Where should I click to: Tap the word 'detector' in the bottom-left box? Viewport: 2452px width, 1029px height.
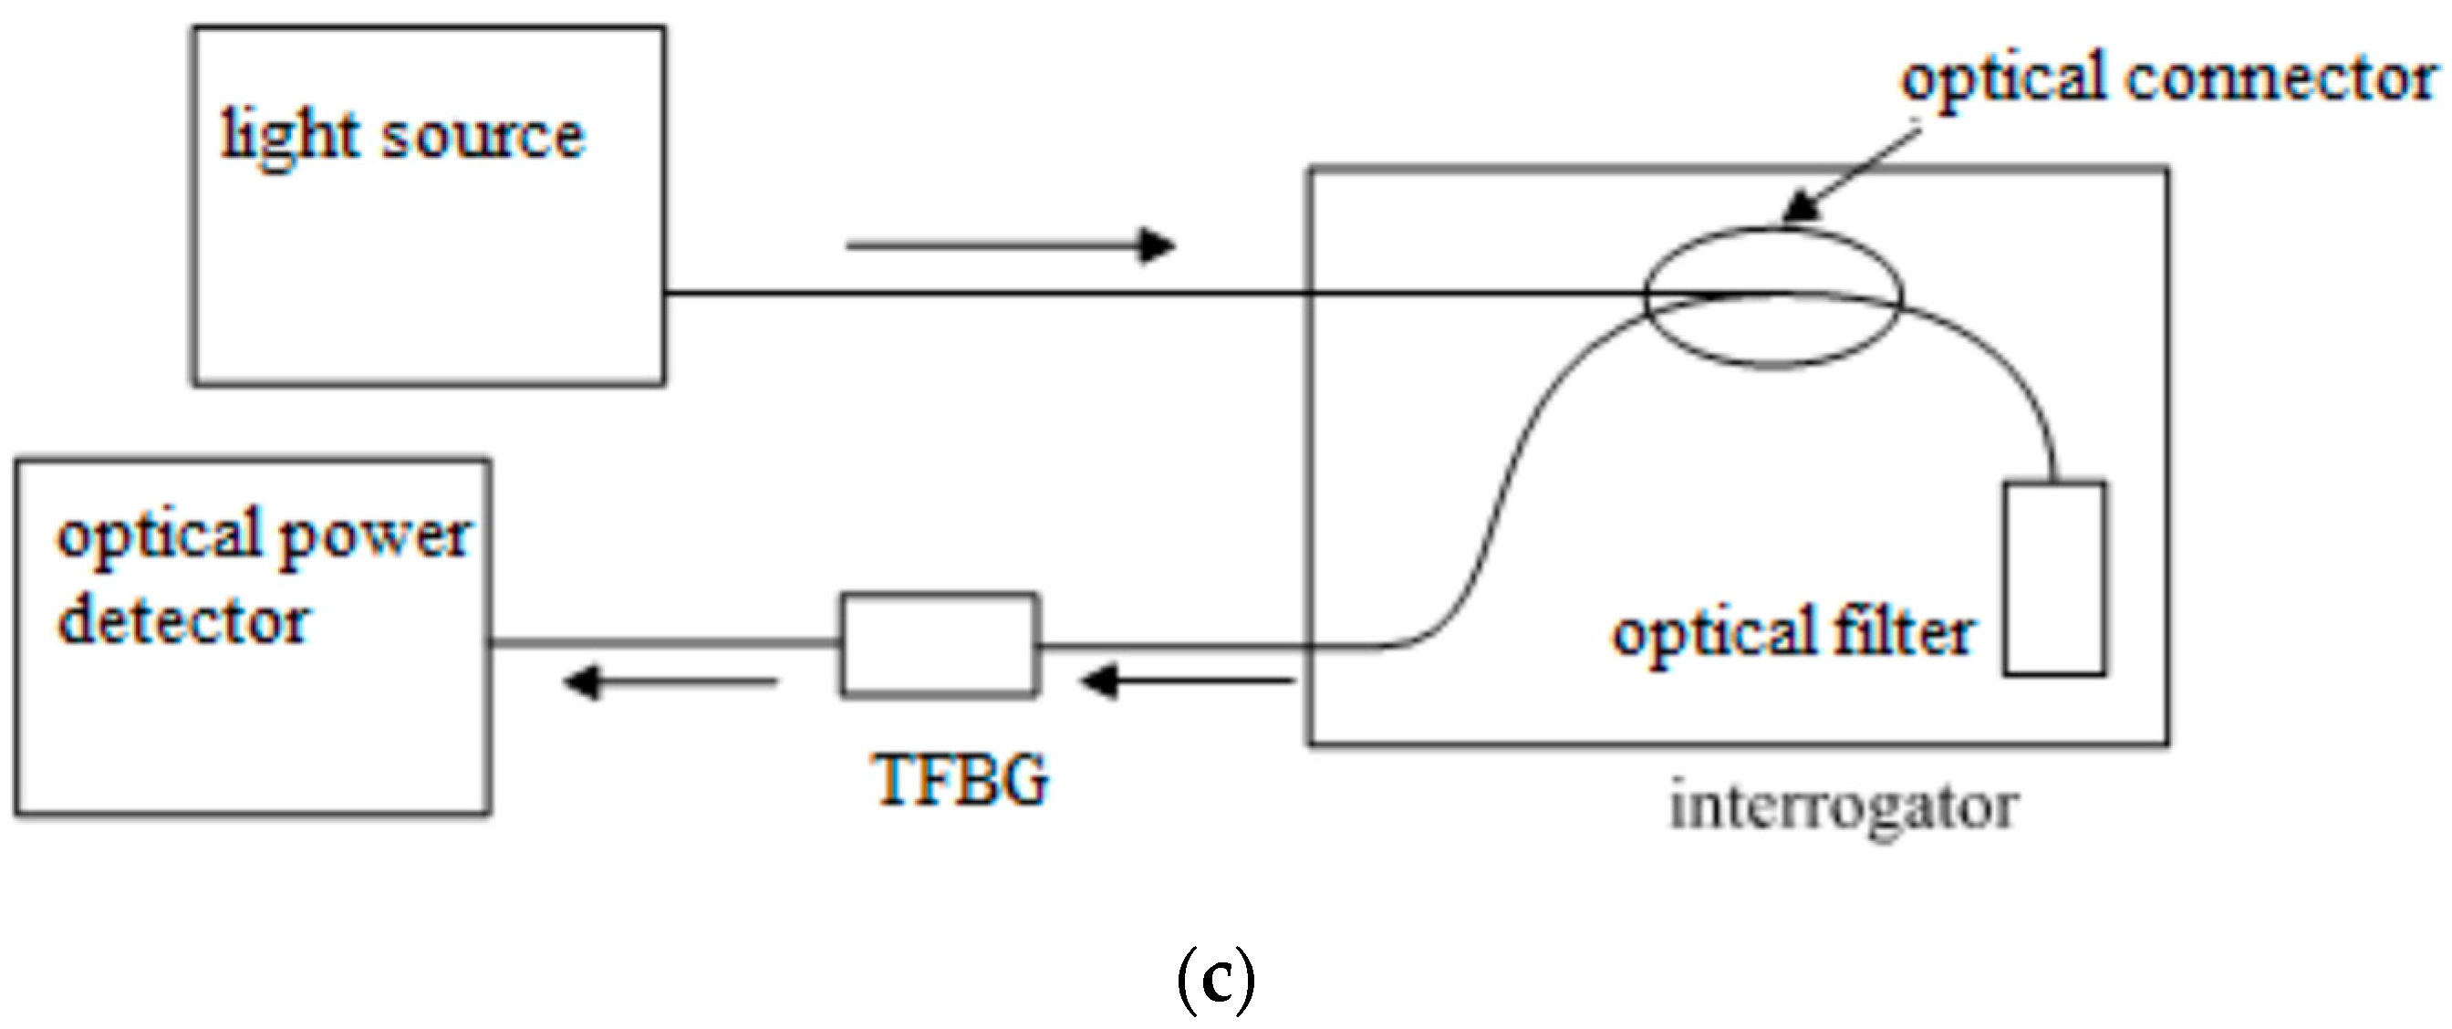point(183,621)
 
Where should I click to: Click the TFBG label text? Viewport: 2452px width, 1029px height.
point(961,781)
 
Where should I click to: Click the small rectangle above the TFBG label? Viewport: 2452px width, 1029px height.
point(940,645)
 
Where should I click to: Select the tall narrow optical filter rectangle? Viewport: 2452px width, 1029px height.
point(2054,578)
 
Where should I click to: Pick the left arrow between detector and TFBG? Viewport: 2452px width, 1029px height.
point(670,681)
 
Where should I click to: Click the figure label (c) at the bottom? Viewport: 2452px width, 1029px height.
point(1216,982)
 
